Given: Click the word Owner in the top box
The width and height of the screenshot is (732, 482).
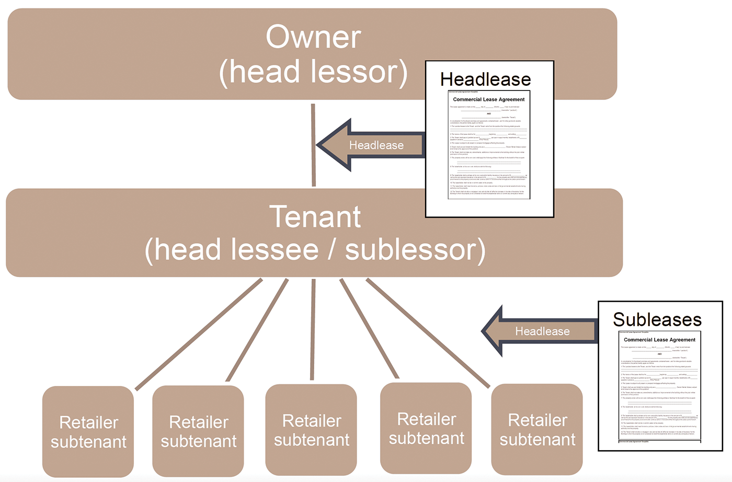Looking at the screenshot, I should coord(313,38).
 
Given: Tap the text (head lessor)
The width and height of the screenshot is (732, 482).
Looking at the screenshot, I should coord(313,72).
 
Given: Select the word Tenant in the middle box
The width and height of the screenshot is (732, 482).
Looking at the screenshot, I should coord(315,217).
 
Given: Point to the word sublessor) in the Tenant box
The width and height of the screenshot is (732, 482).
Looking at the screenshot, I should coord(415,250).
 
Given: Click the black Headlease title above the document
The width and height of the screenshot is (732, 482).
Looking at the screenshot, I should coord(485,79).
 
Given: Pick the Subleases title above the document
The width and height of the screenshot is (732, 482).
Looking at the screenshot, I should coord(657,319).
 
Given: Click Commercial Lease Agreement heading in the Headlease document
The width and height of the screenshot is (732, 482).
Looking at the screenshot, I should coord(488,99).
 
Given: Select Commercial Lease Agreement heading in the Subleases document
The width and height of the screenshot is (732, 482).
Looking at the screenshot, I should coord(659,340).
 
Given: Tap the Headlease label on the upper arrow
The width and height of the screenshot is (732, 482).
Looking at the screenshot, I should coord(376,145).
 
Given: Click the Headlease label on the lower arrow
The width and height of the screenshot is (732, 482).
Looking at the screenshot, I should coord(542,331).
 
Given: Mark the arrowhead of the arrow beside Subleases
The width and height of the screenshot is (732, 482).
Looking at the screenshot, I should coord(494,332).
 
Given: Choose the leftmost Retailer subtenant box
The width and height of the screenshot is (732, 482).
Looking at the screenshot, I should coord(88,432).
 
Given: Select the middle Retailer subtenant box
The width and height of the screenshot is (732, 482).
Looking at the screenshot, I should coord(312,430).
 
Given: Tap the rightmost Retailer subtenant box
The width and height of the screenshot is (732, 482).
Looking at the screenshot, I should coord(537,430).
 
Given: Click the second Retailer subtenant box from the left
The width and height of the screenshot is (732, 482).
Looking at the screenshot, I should coord(198,431).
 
